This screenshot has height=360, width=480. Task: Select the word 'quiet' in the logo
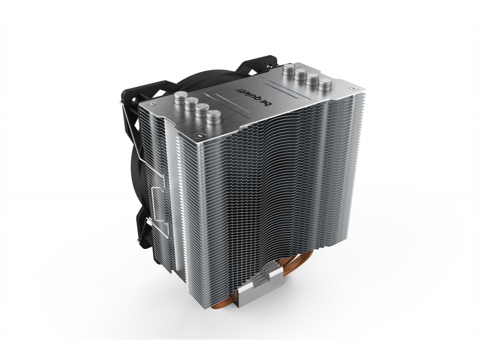[x=248, y=95]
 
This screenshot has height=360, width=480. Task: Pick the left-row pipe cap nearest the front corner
[x=214, y=118]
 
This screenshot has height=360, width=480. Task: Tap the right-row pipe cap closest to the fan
[x=289, y=70]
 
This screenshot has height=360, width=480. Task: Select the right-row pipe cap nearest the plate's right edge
[x=325, y=85]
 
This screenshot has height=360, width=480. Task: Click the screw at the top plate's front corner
[x=200, y=134]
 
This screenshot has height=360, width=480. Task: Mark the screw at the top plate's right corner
[x=352, y=88]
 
